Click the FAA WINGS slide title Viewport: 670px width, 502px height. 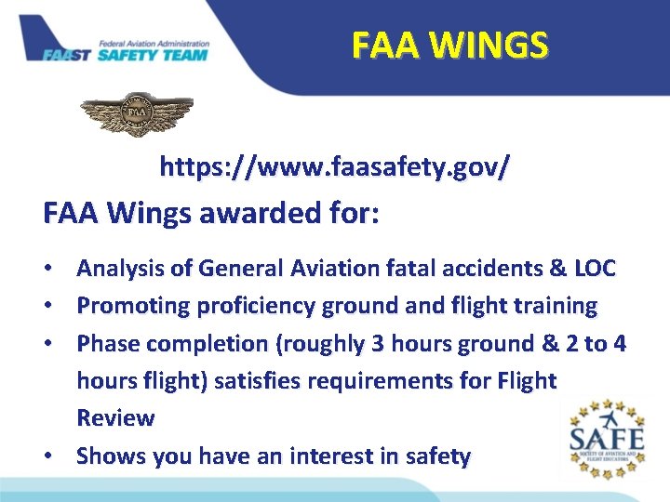[x=450, y=44]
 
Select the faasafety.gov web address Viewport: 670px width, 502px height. [x=334, y=168]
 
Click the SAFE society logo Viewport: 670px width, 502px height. [x=606, y=437]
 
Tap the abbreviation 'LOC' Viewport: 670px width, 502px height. [x=596, y=269]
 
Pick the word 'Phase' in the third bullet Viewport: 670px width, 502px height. [x=106, y=343]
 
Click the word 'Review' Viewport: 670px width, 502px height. [x=115, y=418]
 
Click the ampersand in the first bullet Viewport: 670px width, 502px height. [x=558, y=269]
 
